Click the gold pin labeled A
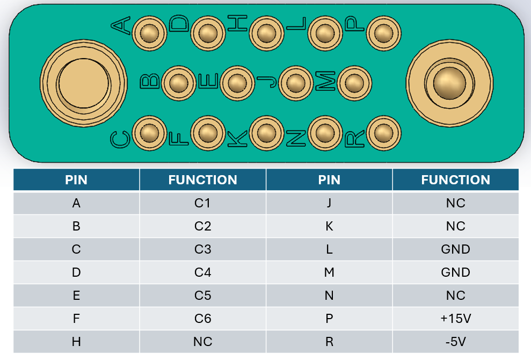pos(149,33)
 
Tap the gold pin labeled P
pos(382,33)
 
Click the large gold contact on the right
pos(449,83)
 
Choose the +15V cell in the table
pos(455,319)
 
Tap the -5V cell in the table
pos(455,342)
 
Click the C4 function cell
pos(202,272)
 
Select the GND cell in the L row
pos(455,249)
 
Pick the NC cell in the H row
pos(202,342)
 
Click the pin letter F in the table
pos(76,319)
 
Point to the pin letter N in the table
pos(329,296)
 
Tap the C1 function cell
pos(202,203)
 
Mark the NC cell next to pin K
pos(455,226)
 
